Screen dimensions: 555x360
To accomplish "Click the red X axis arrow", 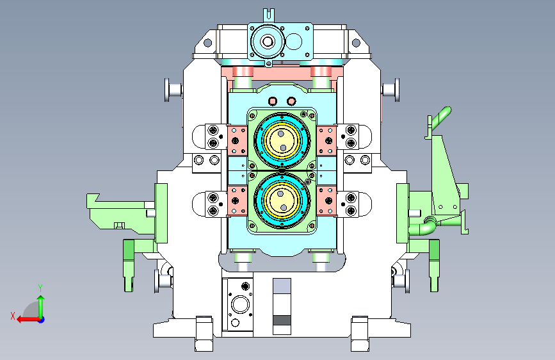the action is click(x=28, y=320).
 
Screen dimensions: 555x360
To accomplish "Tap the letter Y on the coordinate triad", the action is click(x=40, y=288).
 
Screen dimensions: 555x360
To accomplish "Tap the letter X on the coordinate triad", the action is click(x=13, y=316).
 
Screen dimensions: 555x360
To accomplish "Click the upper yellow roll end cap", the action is click(x=282, y=140).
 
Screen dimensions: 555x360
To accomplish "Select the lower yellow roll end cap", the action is click(x=282, y=200).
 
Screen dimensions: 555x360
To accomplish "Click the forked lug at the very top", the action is click(x=269, y=16).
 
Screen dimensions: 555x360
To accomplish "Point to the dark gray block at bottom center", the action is click(x=282, y=320).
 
